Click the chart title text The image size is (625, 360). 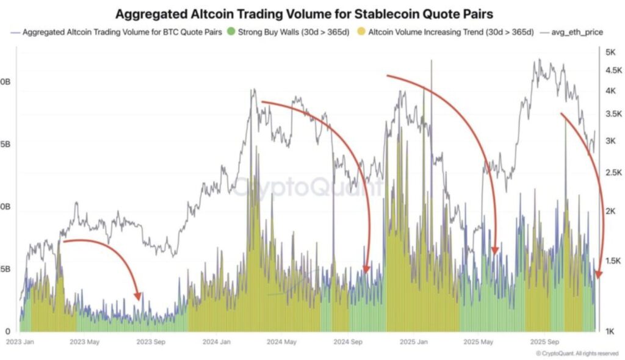(x=312, y=13)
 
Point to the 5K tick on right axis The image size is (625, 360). (x=610, y=53)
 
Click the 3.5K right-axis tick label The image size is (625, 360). (x=612, y=114)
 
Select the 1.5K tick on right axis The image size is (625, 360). (x=612, y=261)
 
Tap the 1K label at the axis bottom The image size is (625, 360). (x=610, y=332)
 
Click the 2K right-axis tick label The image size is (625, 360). (x=610, y=211)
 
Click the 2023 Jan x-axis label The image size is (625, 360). (x=20, y=342)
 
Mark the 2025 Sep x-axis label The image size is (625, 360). (x=544, y=342)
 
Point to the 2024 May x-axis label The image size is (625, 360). (x=281, y=342)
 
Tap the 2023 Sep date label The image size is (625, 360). (x=150, y=342)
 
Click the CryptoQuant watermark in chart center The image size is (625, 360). (x=308, y=187)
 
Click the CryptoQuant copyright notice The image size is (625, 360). (x=577, y=353)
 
